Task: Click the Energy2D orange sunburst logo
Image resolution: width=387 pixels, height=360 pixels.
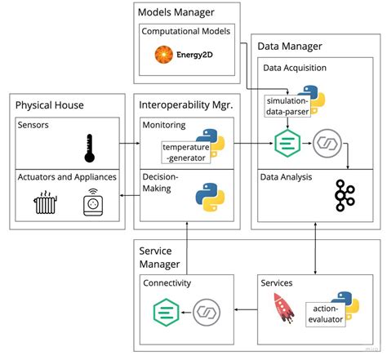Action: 164,55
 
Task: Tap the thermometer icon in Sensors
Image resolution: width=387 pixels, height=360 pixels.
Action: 90,149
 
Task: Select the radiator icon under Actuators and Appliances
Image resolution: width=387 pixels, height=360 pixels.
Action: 45,202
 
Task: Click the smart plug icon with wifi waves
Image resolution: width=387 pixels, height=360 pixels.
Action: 93,202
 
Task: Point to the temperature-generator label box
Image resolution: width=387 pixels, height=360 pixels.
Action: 186,153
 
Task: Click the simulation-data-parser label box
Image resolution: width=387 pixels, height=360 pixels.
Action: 287,106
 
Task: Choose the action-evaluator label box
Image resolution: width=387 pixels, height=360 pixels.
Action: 326,314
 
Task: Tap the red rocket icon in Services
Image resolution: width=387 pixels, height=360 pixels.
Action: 283,308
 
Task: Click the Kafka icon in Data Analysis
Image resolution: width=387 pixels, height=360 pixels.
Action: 345,195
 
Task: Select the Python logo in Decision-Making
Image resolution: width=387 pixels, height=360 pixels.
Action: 210,198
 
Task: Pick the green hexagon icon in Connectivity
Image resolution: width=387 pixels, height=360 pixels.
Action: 166,312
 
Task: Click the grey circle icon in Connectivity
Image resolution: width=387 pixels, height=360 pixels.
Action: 207,312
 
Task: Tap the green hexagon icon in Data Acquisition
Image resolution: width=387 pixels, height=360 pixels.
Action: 287,143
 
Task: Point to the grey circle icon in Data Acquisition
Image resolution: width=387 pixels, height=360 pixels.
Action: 327,143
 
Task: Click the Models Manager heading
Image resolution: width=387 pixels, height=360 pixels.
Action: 176,12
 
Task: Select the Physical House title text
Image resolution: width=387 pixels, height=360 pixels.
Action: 50,105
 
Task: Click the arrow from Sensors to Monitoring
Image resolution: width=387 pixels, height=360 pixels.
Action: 130,143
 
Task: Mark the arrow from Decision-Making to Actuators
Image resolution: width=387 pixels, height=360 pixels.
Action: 130,195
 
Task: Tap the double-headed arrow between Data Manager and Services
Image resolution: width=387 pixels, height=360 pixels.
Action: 315,248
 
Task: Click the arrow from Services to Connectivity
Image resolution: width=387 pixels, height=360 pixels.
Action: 246,309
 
